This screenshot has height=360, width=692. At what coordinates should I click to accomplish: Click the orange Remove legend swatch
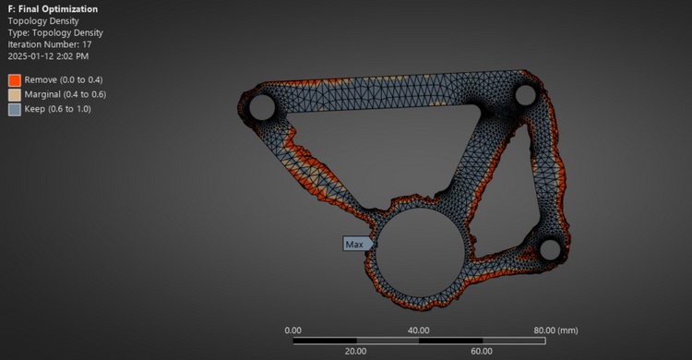15,80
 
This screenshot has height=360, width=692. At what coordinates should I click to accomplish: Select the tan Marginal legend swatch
15,95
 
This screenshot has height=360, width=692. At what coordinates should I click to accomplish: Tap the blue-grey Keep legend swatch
15,110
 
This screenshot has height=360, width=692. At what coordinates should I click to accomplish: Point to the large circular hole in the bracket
420,253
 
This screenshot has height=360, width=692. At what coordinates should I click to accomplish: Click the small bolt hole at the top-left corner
262,107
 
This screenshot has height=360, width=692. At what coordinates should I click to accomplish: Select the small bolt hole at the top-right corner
525,95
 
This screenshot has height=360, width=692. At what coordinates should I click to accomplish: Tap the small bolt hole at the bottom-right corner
550,249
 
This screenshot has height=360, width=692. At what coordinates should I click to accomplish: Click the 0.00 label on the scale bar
293,330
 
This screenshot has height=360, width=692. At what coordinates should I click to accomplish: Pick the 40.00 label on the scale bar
418,330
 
